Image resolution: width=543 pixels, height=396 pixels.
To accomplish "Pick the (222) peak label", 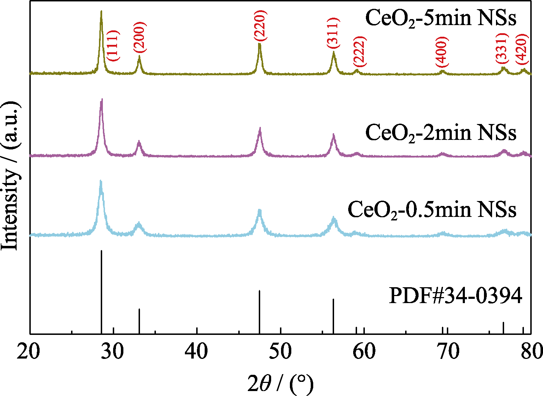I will pyautogui.click(x=360, y=52).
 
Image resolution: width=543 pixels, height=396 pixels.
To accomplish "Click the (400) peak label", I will pyautogui.click(x=442, y=52).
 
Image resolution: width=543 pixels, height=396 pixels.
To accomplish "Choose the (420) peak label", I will pyautogui.click(x=521, y=49).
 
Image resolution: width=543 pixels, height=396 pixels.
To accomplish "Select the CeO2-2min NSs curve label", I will pyautogui.click(x=440, y=133).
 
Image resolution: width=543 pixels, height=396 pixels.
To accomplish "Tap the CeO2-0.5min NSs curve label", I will pyautogui.click(x=432, y=209).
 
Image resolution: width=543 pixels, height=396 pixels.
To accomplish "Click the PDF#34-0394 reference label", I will pyautogui.click(x=455, y=295).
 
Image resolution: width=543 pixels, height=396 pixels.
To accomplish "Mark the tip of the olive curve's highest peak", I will pyautogui.click(x=101, y=11).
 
